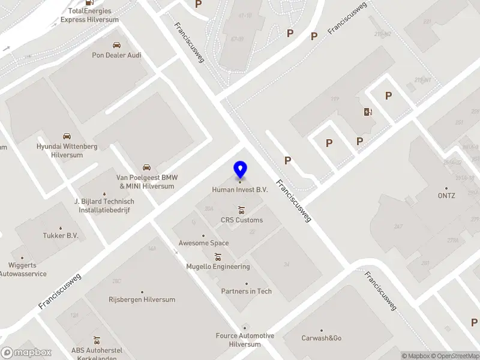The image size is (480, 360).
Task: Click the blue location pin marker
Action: tap(240, 169)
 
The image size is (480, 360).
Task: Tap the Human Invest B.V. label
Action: tap(239, 190)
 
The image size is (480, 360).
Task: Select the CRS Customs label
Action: tap(242, 220)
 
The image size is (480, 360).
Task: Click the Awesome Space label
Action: tap(203, 243)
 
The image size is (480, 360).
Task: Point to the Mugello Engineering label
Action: tap(218, 266)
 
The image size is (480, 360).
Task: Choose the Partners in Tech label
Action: tap(247, 291)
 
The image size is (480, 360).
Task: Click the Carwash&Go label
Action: tap(321, 338)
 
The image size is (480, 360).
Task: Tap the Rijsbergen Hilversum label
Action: tap(142, 299)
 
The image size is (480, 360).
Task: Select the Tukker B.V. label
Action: tap(61, 236)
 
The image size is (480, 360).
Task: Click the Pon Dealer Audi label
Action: tap(117, 55)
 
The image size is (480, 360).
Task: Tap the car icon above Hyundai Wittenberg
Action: tap(67, 136)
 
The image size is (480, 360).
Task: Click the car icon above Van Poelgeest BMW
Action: tap(146, 167)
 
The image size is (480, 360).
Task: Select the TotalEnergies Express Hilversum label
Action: tap(89, 15)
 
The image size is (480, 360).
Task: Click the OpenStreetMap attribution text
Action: tap(458, 356)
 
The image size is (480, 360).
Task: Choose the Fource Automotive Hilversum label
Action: tap(245, 340)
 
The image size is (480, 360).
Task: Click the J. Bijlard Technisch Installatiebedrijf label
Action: tap(102, 205)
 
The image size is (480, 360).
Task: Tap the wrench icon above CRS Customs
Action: tap(241, 209)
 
